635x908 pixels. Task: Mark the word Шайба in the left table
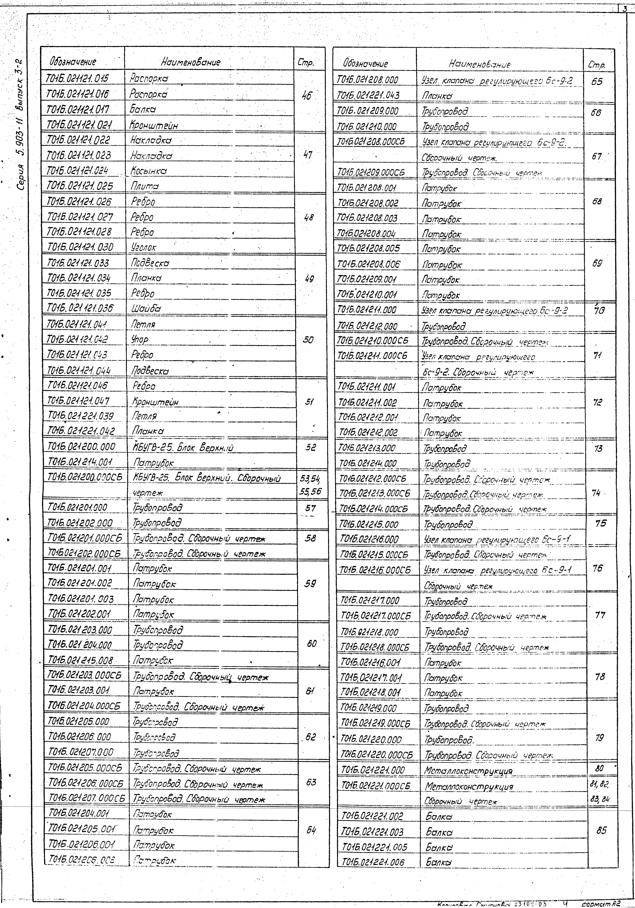[146, 308]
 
